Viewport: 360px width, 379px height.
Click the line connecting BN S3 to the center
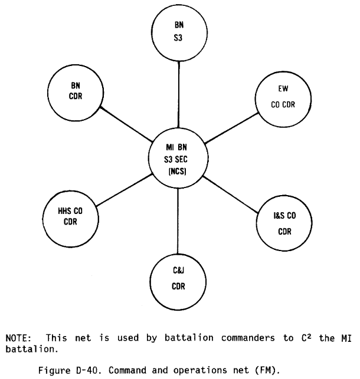(x=179, y=94)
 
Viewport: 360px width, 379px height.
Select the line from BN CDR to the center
(x=126, y=124)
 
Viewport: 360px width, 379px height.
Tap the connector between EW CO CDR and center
(x=231, y=128)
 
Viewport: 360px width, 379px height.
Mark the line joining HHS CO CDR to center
(x=124, y=190)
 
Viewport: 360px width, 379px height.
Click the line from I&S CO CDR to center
(x=230, y=195)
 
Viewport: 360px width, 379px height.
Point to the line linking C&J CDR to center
(x=178, y=221)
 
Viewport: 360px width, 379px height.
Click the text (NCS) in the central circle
(x=177, y=172)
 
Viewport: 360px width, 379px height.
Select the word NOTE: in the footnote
(x=19, y=338)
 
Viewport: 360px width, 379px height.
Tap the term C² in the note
(x=306, y=337)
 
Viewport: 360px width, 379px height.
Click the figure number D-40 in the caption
(x=87, y=370)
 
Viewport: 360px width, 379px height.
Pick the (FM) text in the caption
(x=267, y=370)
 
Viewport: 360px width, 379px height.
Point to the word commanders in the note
(x=248, y=338)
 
